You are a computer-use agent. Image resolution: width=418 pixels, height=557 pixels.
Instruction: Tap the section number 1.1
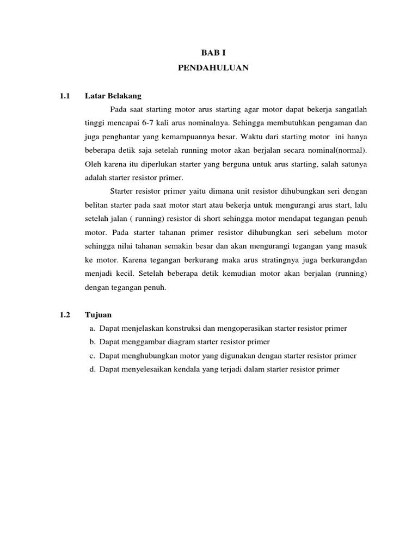pyautogui.click(x=66, y=96)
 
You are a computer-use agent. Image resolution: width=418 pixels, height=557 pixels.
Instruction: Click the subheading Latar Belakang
pyautogui.click(x=113, y=96)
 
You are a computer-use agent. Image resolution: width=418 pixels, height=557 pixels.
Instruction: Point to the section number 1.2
pyautogui.click(x=66, y=314)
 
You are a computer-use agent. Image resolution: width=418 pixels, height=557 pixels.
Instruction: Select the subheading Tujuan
pyautogui.click(x=98, y=314)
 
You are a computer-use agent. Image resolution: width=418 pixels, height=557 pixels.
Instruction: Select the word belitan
pyautogui.click(x=96, y=205)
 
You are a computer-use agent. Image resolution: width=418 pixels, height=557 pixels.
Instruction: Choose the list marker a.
pyautogui.click(x=93, y=329)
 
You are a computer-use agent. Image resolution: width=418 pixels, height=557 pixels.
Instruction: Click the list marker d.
pyautogui.click(x=93, y=369)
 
